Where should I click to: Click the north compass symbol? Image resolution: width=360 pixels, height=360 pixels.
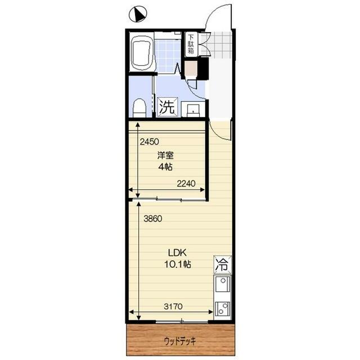click(x=138, y=14)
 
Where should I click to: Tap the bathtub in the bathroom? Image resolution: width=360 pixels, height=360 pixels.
click(x=142, y=52)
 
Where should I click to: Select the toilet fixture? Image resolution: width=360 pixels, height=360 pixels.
click(x=139, y=108)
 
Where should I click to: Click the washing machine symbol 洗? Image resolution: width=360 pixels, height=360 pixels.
click(x=168, y=107)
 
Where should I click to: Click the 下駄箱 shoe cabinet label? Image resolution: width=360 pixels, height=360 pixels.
click(x=191, y=44)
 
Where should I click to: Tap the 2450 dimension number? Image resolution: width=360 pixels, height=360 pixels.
click(x=149, y=142)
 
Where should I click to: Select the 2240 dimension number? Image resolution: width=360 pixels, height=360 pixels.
click(x=186, y=183)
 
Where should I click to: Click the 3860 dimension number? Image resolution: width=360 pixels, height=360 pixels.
click(x=153, y=219)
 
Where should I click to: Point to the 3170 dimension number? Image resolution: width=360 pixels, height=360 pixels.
click(x=173, y=306)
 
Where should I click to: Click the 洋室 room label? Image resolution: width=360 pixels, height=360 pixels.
click(x=165, y=155)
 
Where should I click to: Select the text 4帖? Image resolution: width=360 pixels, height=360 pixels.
click(x=165, y=167)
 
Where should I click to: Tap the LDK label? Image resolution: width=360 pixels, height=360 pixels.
click(x=177, y=253)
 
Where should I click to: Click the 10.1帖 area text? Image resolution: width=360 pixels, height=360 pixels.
click(x=178, y=264)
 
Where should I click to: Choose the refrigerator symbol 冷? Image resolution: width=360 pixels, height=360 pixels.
click(x=223, y=265)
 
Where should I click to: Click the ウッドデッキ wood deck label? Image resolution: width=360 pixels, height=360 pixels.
click(x=180, y=341)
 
